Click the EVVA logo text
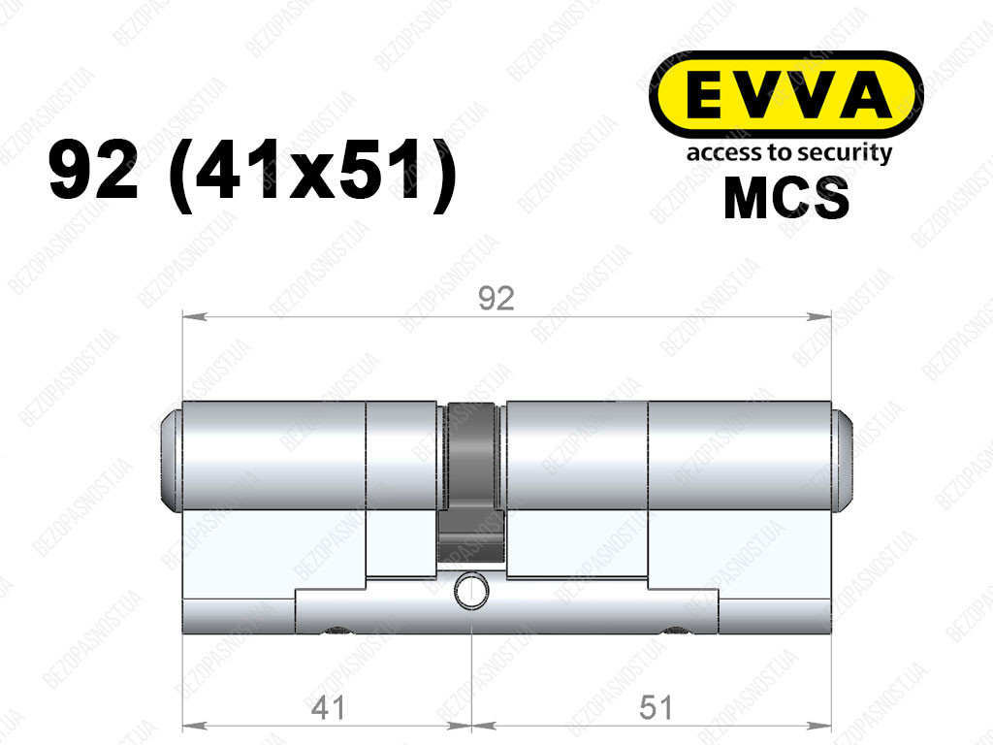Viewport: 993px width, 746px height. point(785,94)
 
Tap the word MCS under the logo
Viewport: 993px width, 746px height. point(786,198)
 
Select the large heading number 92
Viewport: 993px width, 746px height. point(94,171)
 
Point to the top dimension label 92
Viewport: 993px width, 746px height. point(496,298)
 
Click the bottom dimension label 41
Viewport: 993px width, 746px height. point(328,707)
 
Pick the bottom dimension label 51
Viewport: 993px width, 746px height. point(656,707)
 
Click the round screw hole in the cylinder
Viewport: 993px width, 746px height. point(472,591)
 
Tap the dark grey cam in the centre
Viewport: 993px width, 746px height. point(471,481)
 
